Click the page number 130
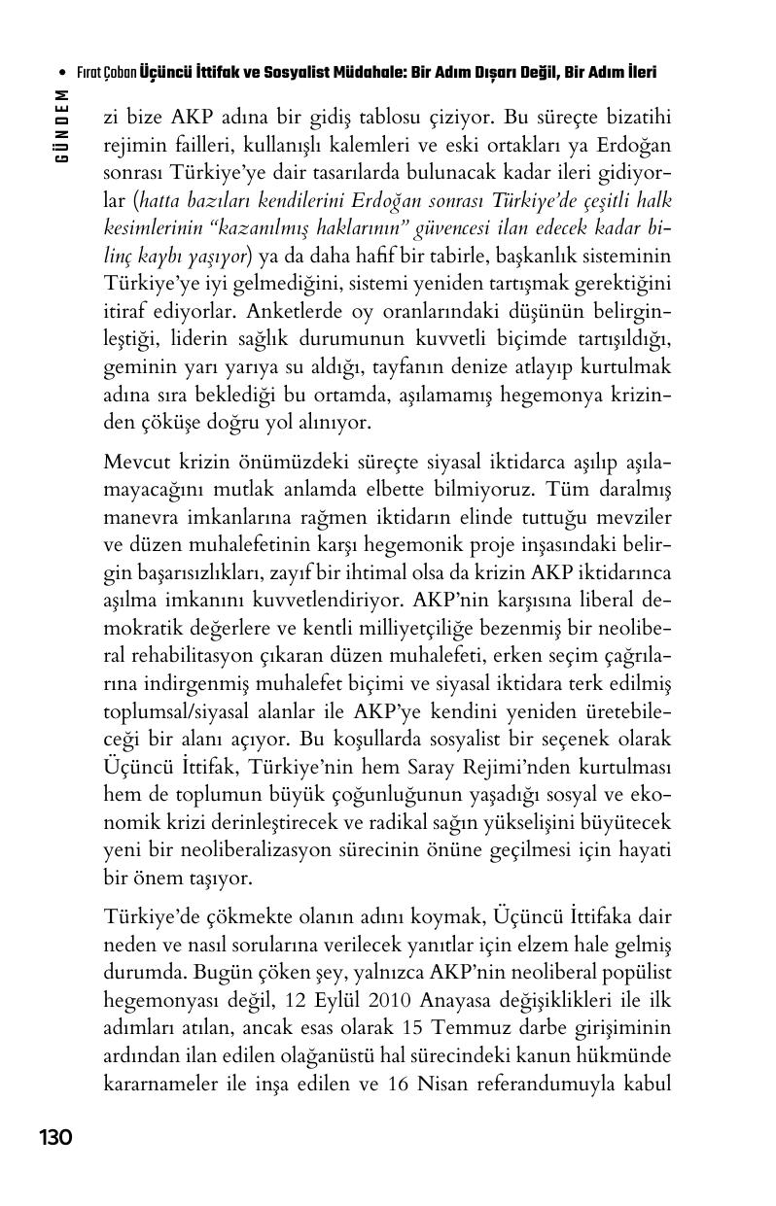click(55, 1138)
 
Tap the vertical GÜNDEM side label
click(61, 125)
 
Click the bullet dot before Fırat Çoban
click(63, 73)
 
